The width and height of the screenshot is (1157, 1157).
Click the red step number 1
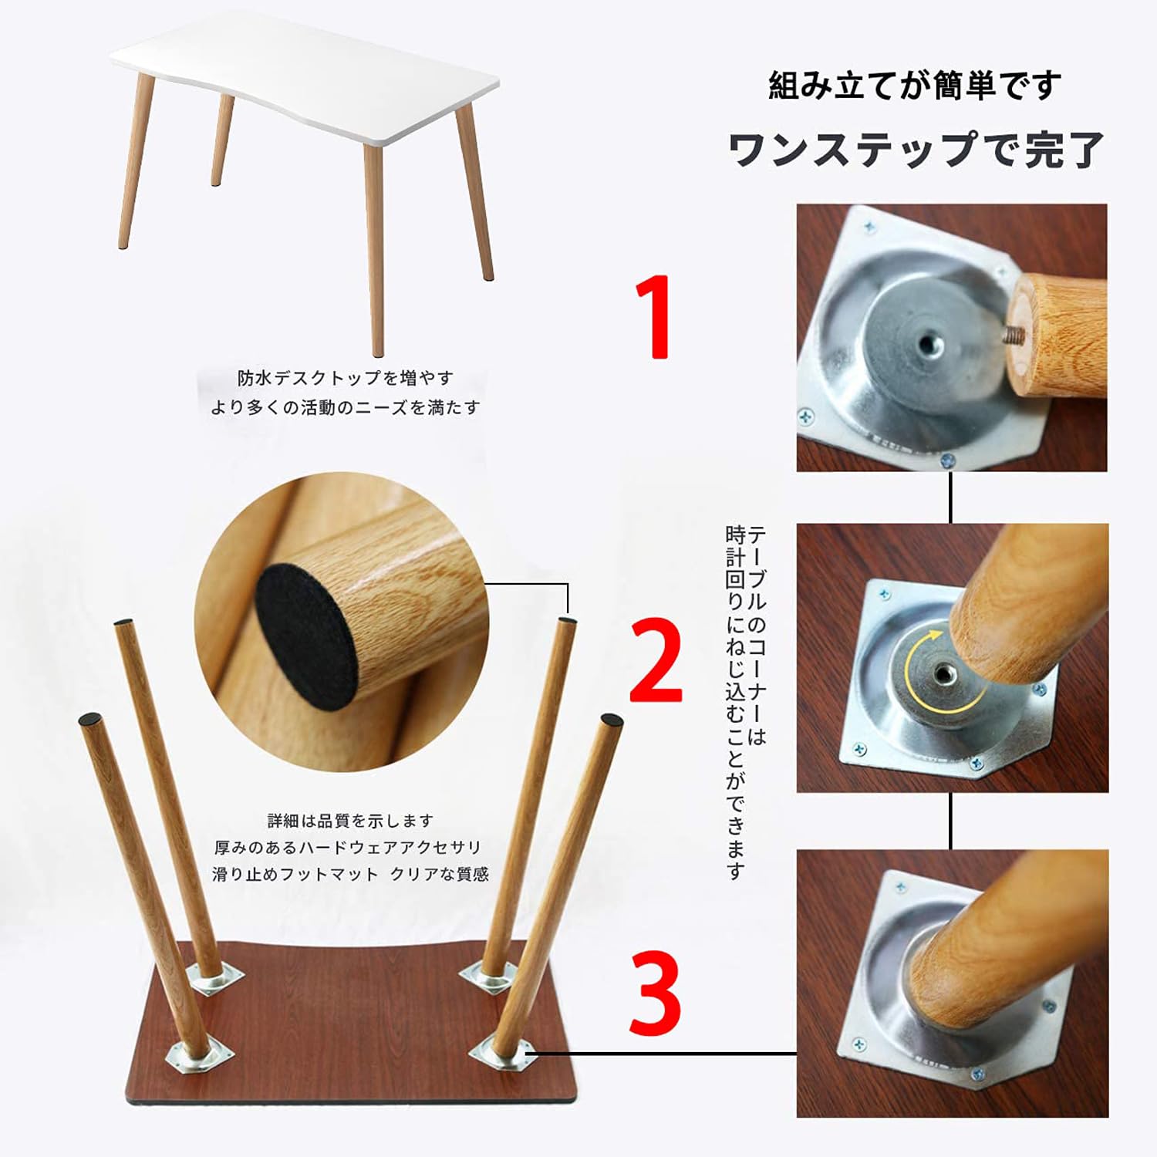[653, 318]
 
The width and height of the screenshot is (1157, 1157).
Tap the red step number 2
[656, 662]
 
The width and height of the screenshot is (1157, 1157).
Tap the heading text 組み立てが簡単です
[915, 86]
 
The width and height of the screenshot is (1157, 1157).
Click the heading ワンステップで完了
[916, 149]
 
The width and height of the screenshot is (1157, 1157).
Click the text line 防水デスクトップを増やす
[345, 378]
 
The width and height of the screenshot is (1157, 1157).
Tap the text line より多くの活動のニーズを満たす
[345, 406]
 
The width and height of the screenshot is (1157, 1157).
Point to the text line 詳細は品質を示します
[350, 820]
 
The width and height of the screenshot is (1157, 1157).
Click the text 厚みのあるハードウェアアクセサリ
[348, 847]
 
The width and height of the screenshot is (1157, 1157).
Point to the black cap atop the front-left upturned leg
[90, 719]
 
